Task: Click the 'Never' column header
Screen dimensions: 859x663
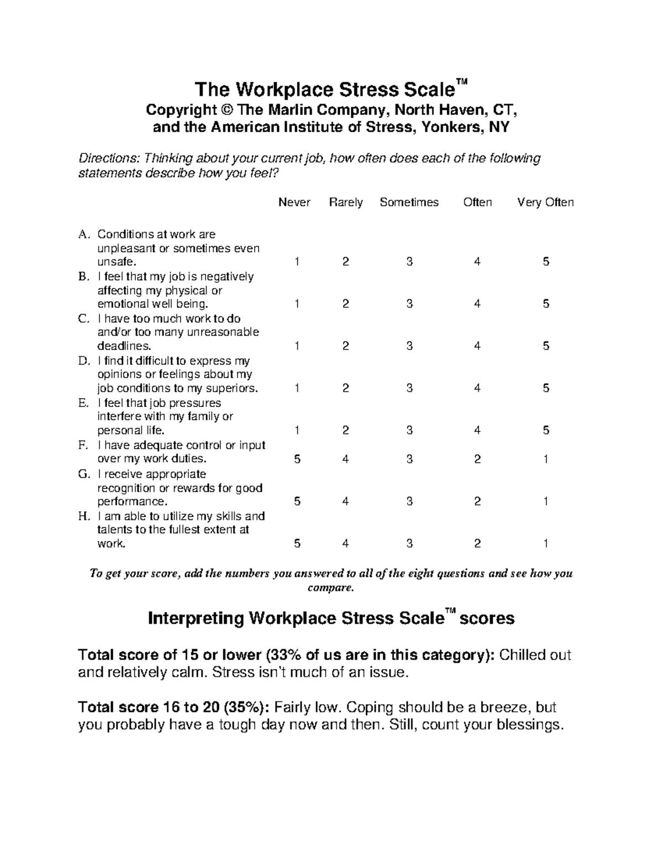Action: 294,202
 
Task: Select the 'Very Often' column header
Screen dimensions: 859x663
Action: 545,202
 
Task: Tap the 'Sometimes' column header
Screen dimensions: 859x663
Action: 409,202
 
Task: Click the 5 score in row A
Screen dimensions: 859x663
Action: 546,262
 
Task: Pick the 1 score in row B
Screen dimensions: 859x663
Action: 297,304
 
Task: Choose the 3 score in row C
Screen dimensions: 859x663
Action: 409,346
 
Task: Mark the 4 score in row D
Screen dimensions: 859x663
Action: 477,388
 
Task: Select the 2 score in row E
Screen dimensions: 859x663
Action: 345,430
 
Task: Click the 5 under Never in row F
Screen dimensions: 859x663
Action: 297,459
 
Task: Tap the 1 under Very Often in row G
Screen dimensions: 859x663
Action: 546,502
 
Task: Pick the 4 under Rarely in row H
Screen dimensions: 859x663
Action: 345,544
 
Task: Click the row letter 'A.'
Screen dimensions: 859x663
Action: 84,235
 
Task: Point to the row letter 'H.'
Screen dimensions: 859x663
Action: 84,517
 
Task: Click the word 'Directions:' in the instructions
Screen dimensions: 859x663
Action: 109,159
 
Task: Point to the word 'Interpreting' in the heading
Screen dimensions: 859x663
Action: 196,618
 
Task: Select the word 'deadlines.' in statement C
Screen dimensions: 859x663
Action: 124,346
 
